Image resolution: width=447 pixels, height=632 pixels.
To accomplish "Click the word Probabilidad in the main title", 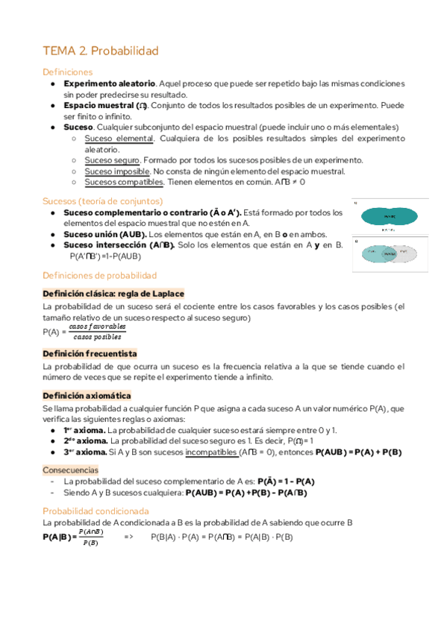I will click(x=126, y=51).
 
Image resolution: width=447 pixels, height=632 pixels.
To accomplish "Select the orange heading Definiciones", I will click(x=68, y=72).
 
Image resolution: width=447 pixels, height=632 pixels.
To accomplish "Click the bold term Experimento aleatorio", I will click(x=110, y=83).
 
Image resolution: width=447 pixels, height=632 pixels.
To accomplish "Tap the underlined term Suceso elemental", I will click(x=119, y=139).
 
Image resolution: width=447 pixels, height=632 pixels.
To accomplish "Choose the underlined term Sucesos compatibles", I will click(x=124, y=182).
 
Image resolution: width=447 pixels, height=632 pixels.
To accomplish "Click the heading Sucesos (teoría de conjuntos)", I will click(x=102, y=200).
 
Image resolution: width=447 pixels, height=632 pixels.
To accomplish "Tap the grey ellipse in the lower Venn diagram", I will click(x=404, y=254).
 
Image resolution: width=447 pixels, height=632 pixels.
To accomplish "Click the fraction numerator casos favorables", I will click(x=98, y=326).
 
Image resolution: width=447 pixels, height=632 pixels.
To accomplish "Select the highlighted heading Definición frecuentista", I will click(x=90, y=353).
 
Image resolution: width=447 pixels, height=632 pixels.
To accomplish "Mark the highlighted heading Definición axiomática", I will click(x=87, y=396).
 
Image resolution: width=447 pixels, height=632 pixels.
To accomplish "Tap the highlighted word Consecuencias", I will click(x=70, y=470).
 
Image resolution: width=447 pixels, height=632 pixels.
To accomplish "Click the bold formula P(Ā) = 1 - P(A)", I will click(x=286, y=481).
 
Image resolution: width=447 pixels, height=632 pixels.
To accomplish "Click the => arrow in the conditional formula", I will click(x=128, y=537).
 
